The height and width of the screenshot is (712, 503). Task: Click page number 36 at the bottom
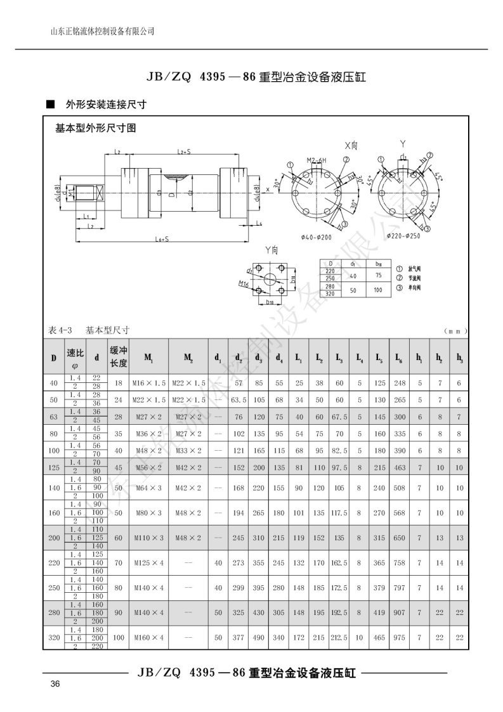[x=55, y=683]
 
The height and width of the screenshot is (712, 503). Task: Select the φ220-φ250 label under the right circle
[x=403, y=236]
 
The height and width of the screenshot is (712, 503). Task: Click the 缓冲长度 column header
[x=119, y=357]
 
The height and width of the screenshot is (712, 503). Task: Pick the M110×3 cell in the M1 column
[x=150, y=537]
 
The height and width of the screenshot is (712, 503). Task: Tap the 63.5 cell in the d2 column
[x=238, y=400]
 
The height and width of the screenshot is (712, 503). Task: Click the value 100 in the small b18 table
[x=379, y=289]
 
